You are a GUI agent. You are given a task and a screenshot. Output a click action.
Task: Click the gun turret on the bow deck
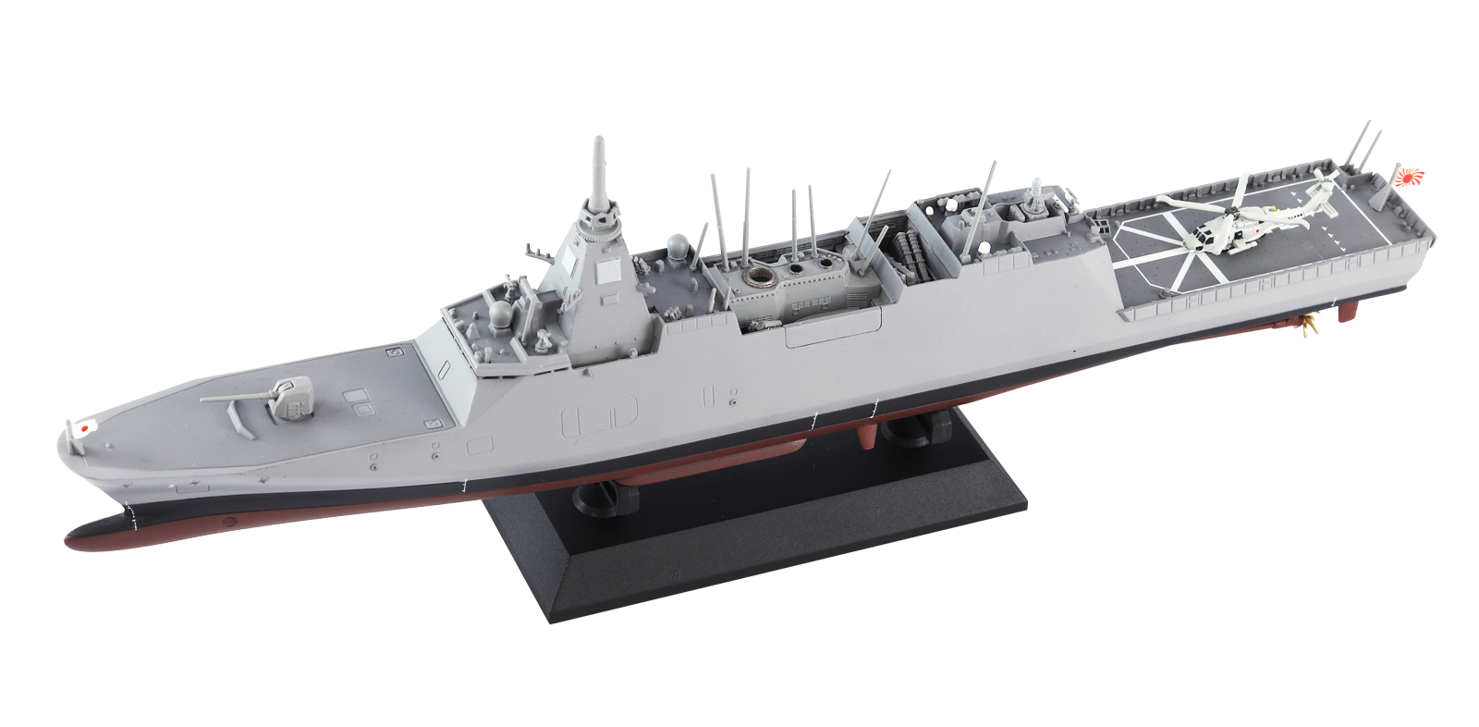point(294,398)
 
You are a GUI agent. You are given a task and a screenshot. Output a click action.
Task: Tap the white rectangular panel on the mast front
point(607,272)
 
